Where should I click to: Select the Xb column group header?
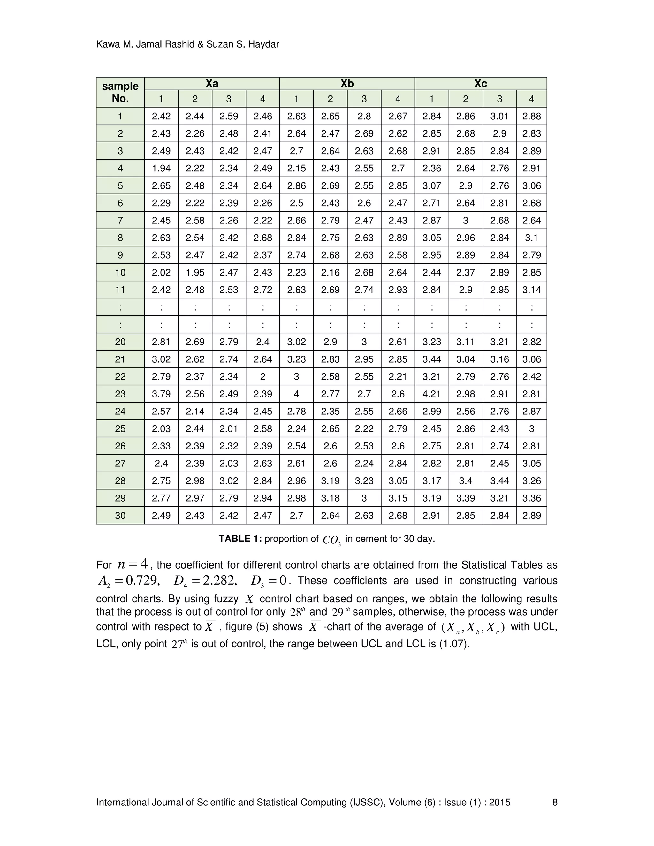347,84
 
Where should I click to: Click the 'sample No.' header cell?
120,92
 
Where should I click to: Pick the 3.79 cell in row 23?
161,394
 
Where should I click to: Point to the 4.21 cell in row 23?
432,394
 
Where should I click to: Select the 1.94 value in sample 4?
161,168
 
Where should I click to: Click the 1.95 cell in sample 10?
195,272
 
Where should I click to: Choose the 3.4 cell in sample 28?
465,481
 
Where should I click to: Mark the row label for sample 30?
120,516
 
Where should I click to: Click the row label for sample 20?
120,342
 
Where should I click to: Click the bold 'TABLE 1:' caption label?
240,539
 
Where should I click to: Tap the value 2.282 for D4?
218,581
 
